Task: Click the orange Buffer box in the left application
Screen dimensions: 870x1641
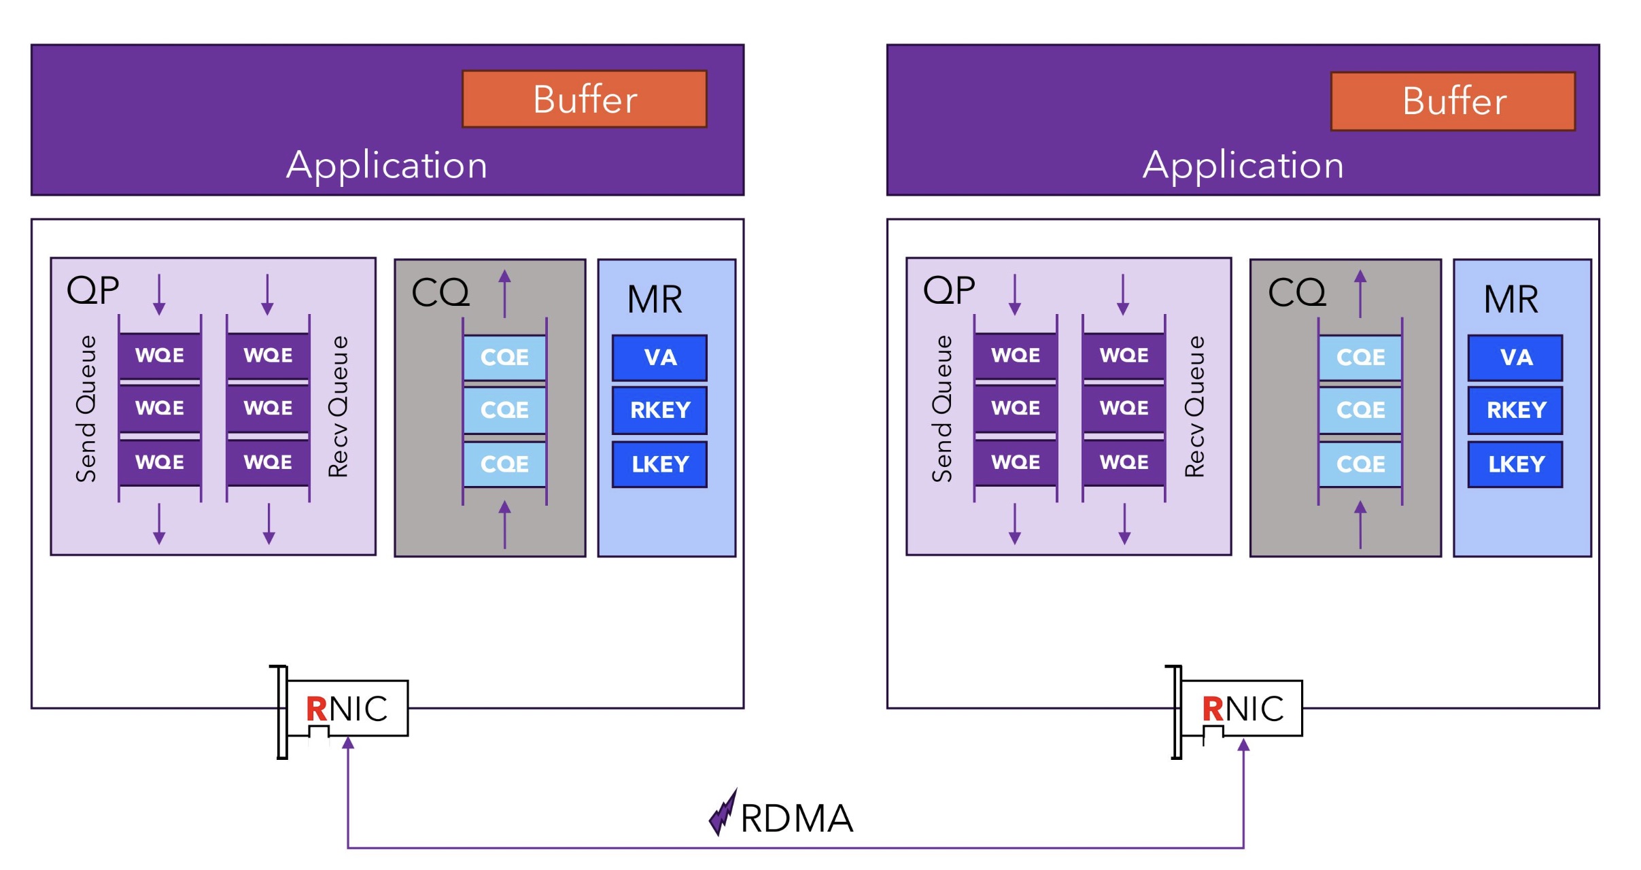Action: [584, 99]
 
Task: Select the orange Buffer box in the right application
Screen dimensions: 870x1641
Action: [1453, 101]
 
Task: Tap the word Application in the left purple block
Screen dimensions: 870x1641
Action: [387, 165]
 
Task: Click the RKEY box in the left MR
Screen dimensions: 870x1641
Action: [659, 410]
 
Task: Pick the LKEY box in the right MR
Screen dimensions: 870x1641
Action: [1515, 464]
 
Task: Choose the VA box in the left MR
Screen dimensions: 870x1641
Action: [659, 358]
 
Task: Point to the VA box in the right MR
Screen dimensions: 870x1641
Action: [1515, 358]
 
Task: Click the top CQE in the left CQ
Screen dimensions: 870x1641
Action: [504, 358]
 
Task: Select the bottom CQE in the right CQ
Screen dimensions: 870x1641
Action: [1360, 464]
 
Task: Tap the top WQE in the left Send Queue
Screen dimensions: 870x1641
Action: [160, 355]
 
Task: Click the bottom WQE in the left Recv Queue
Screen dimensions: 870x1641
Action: [268, 462]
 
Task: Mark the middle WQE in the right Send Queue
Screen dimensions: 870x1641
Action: [1016, 408]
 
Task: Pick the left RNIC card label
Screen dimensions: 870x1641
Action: [347, 709]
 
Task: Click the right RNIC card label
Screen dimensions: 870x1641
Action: [1243, 709]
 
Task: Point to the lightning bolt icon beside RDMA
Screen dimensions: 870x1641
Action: [723, 814]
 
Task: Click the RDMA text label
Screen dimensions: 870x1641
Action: [797, 818]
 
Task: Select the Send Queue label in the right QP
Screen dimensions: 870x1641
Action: [942, 408]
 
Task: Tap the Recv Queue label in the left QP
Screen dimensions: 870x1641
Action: [339, 406]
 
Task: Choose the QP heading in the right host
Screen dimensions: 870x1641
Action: [949, 291]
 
